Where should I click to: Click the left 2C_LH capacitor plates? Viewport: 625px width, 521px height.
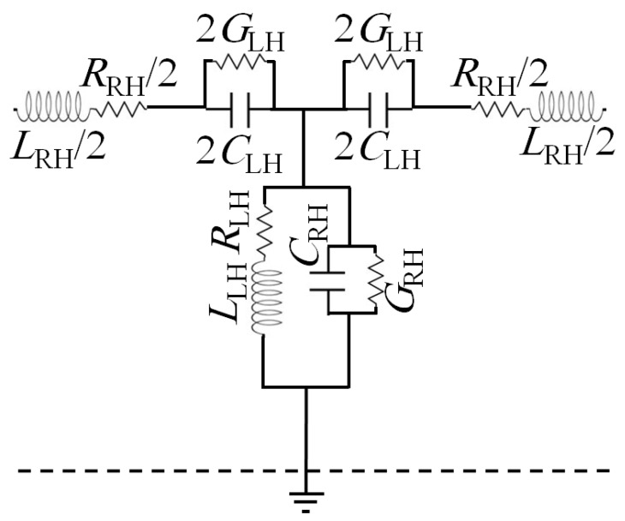tap(239, 109)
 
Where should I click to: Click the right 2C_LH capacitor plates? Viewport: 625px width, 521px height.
tap(377, 109)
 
